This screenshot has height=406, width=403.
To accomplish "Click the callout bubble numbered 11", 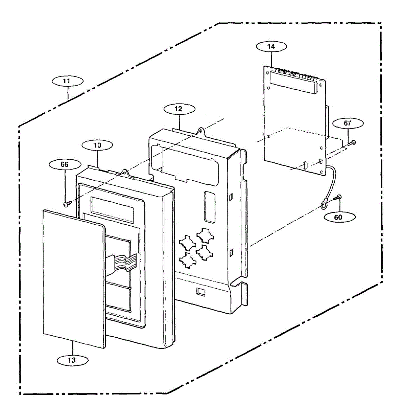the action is tap(67, 81).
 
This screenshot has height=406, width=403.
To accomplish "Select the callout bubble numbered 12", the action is tap(179, 109).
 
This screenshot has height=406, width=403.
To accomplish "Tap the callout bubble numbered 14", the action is tap(271, 47).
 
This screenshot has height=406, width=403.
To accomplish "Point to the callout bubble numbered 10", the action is tap(97, 145).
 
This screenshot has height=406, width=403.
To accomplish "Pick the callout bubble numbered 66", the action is tap(64, 164).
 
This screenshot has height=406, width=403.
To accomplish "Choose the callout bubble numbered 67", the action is tap(348, 123).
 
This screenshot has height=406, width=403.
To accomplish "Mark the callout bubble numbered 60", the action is tap(338, 218).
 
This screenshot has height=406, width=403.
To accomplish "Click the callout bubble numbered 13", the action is tap(72, 360).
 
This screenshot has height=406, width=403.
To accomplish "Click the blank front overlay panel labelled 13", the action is tap(73, 277).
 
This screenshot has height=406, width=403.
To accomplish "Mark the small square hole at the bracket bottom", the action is tap(201, 291).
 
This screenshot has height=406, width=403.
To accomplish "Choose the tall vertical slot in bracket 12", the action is tap(209, 207).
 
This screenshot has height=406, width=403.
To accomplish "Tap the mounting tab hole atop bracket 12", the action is tap(200, 130).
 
